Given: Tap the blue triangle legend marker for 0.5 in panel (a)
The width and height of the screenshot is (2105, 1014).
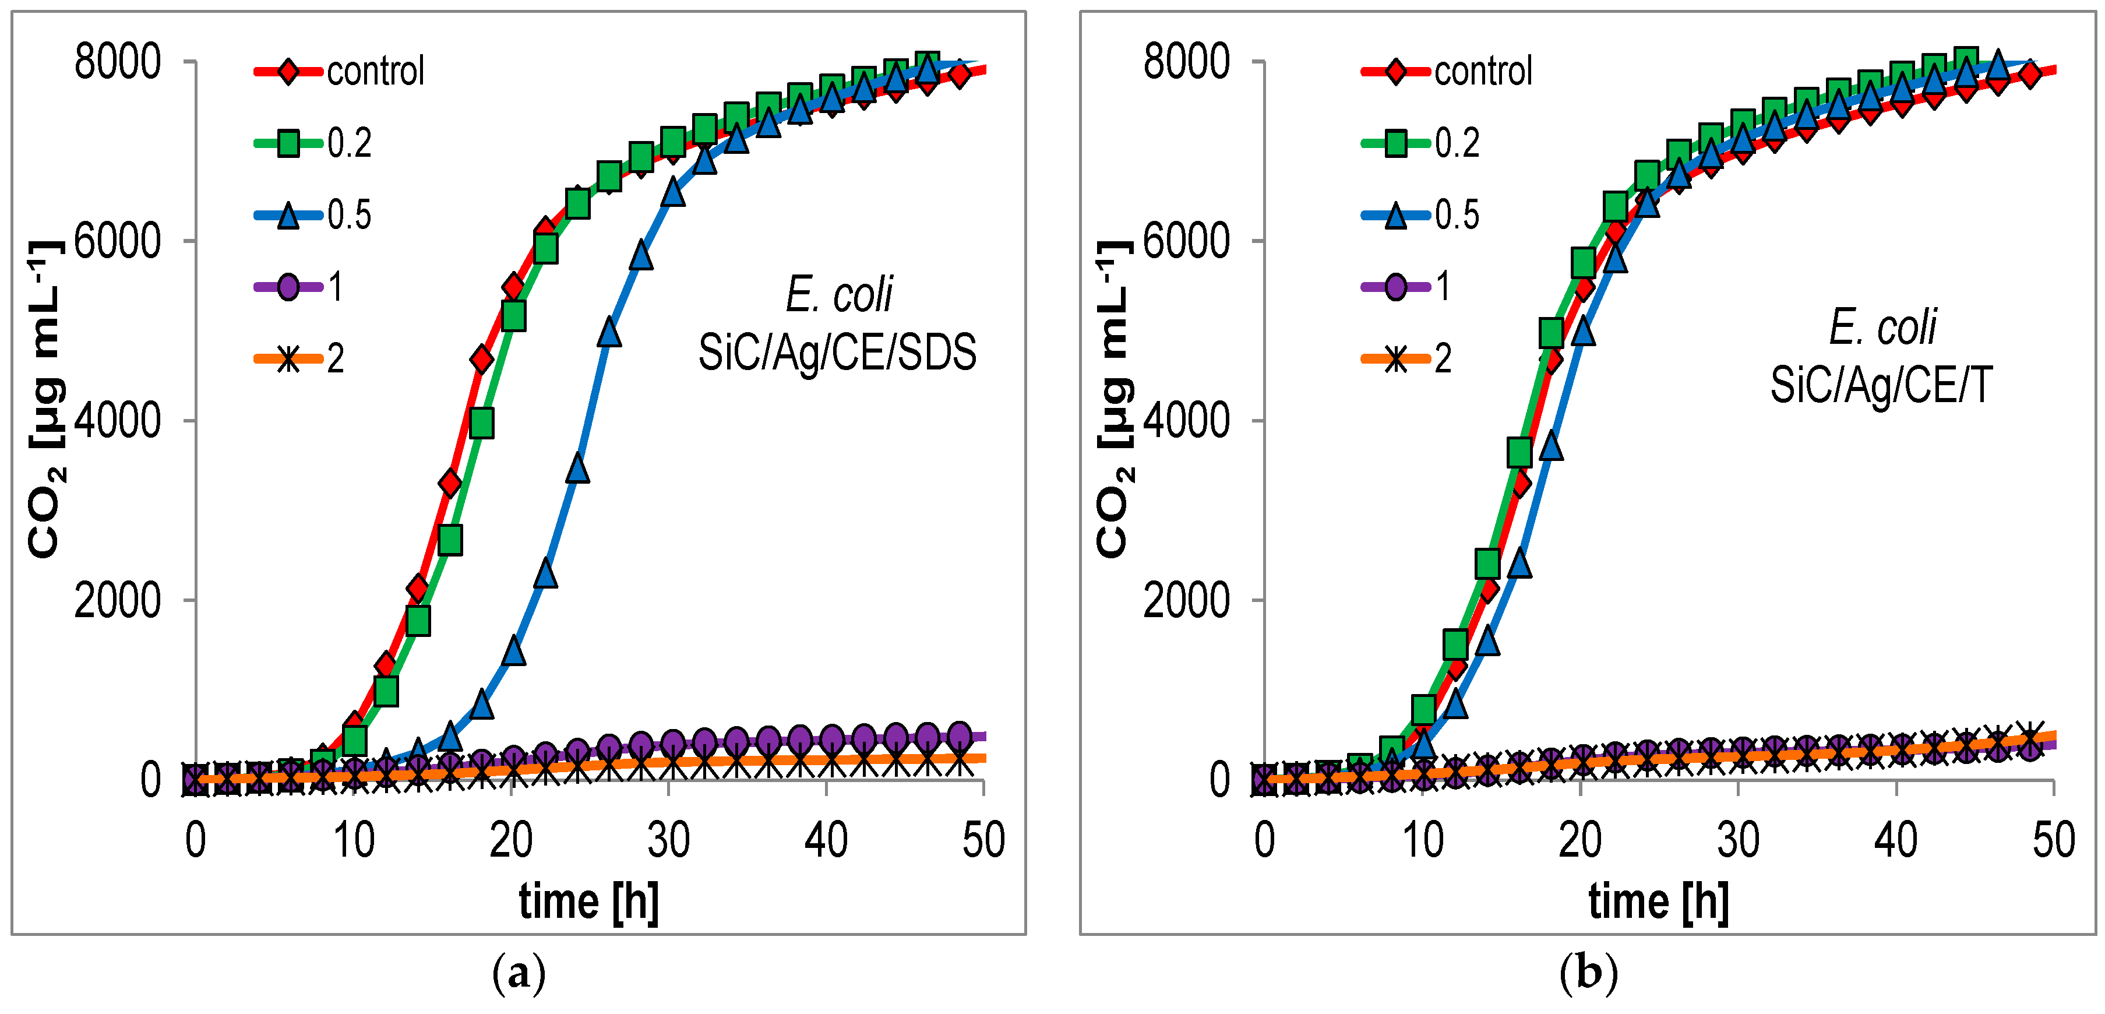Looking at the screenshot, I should [x=288, y=216].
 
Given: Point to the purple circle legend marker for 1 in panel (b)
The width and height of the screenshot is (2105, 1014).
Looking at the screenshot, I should [x=1396, y=287].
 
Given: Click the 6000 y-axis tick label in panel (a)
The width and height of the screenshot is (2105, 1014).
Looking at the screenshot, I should [x=118, y=241].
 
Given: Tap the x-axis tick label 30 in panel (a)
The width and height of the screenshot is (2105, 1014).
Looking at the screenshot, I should [x=668, y=840].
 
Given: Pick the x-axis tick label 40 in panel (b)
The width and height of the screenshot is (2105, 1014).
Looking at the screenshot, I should [x=1895, y=840].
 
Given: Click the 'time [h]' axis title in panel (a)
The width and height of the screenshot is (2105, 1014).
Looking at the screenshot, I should [x=588, y=902].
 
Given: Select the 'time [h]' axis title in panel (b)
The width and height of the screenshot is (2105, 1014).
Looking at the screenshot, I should [x=1658, y=902].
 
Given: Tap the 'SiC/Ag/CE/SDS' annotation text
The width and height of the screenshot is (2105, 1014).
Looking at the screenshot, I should [x=837, y=353].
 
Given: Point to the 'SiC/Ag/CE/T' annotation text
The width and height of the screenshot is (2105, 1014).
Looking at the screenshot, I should [x=1881, y=385].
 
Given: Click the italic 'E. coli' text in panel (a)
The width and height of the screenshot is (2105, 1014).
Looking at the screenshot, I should [x=838, y=294].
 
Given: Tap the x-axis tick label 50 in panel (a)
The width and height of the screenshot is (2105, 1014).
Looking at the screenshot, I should [x=983, y=840].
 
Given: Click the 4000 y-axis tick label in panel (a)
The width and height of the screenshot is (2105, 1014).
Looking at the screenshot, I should [x=118, y=421].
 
